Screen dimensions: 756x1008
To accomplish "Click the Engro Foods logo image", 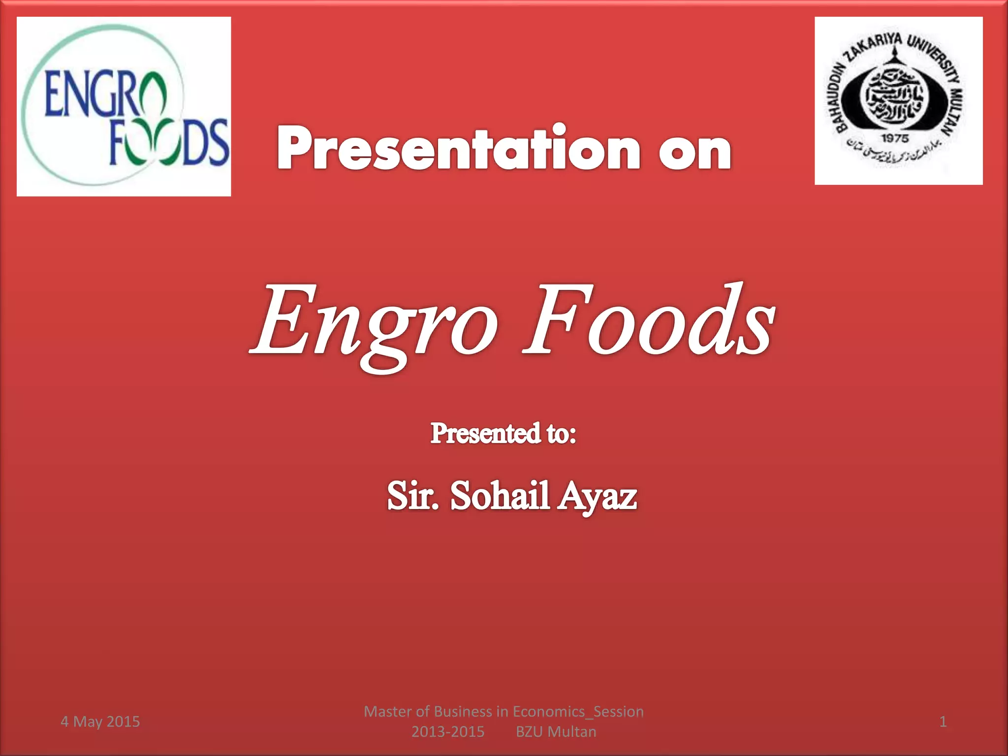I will click(124, 106).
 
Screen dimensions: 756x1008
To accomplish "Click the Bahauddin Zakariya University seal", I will click(898, 101).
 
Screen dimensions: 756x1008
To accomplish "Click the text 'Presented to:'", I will click(503, 434).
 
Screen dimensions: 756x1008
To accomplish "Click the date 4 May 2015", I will click(100, 722).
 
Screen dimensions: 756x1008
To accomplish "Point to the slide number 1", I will click(943, 722).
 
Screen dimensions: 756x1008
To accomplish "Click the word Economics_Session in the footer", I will click(578, 712).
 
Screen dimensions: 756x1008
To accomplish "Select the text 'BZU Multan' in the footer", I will click(556, 732).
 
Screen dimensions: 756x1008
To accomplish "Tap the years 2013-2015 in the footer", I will click(448, 732).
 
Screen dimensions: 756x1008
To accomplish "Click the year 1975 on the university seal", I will click(895, 139).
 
